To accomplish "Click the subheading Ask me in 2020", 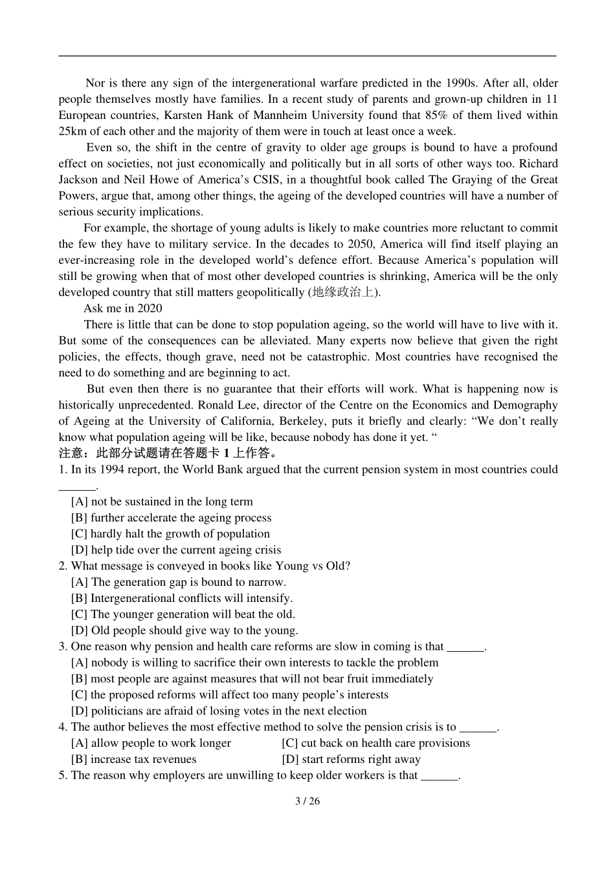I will coord(122,308).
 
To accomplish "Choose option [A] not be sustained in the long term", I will coord(162,502).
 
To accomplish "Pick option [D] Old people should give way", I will coord(184,630).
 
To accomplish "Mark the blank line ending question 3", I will coord(465,647).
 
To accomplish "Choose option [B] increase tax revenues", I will coord(133,759).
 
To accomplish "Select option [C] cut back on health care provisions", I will coord(375,743).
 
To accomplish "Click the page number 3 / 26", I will coord(307,801).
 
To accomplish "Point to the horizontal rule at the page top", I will coord(307,56).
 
